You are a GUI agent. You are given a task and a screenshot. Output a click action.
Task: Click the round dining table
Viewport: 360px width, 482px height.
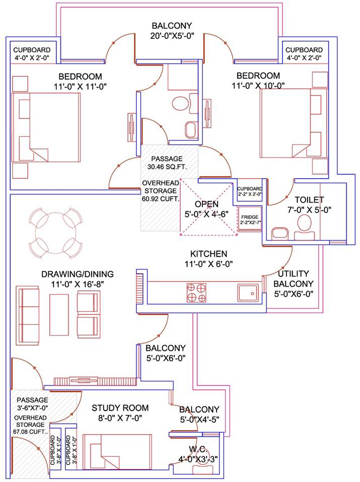click(x=56, y=233)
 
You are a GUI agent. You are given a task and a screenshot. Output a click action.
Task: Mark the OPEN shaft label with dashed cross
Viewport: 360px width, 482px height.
click(x=207, y=204)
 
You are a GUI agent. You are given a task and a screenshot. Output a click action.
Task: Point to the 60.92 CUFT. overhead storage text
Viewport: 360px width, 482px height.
click(x=160, y=198)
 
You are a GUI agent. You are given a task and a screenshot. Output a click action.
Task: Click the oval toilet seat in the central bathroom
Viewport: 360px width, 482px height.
click(x=180, y=104)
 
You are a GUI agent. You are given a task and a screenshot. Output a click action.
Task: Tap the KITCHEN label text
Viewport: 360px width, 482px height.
click(x=208, y=254)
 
